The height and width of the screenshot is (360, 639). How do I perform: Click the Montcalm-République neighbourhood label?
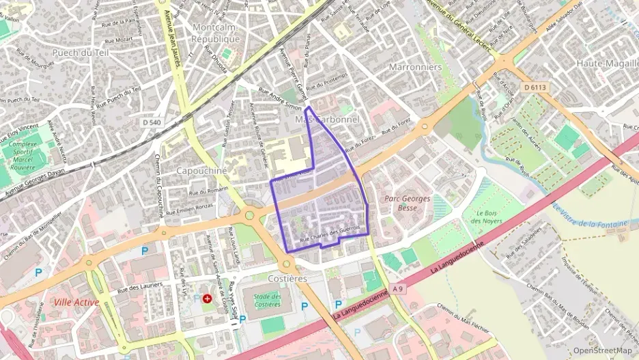point(216,33)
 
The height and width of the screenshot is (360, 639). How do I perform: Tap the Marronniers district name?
point(415,67)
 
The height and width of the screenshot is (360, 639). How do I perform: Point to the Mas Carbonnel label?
point(326,120)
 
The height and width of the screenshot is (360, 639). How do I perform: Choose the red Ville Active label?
point(76,302)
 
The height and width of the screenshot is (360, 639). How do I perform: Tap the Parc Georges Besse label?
point(408,203)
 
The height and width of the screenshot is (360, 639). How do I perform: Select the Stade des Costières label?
point(267,300)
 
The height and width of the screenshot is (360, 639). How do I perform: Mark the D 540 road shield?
point(153,122)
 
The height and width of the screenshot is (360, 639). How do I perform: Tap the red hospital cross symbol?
point(207,299)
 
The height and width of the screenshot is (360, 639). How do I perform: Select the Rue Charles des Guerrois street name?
point(330,236)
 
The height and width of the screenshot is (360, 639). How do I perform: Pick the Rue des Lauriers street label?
point(143,289)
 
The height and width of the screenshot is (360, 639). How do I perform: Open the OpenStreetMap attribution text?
point(602,350)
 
